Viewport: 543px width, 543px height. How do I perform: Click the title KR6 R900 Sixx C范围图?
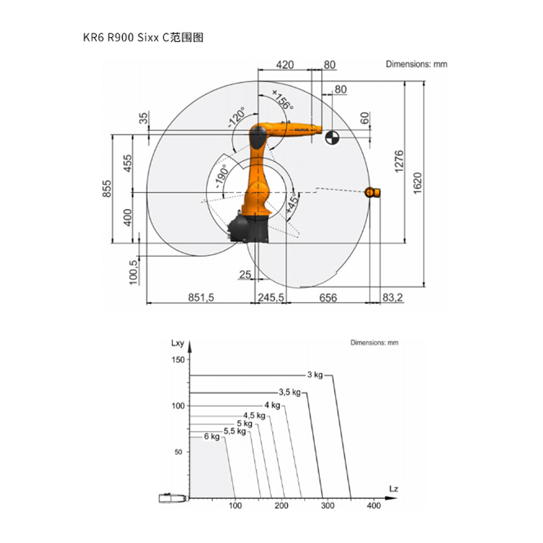tap(143, 37)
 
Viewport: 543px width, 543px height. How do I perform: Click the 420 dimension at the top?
tap(284, 64)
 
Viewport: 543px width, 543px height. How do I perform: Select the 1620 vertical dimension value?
tap(417, 183)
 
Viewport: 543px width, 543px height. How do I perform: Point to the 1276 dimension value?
tap(399, 162)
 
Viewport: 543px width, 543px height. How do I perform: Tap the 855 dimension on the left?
tap(107, 189)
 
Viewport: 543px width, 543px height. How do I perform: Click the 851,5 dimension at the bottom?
tap(201, 297)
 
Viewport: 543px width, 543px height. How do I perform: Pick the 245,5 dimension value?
tap(271, 297)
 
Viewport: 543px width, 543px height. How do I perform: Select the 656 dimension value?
tap(328, 298)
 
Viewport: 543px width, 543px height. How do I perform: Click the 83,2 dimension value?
tap(393, 297)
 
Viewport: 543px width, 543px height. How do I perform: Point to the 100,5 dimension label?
tap(133, 272)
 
